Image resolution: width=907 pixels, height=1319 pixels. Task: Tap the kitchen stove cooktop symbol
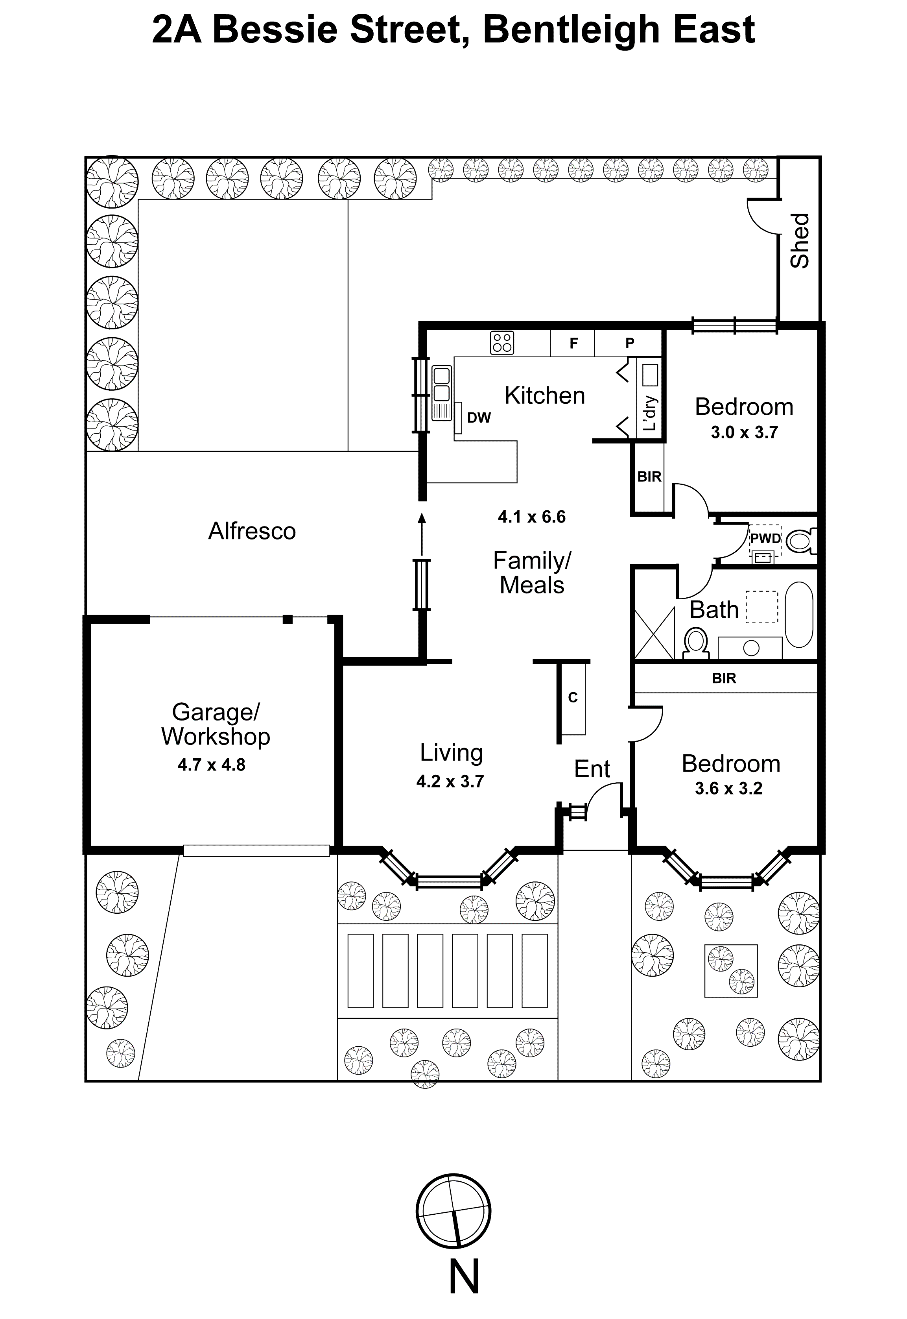502,342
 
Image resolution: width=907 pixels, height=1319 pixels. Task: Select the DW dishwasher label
479,418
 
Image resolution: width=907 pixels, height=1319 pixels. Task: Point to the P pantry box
629,343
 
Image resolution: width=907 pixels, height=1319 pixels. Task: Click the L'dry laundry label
650,413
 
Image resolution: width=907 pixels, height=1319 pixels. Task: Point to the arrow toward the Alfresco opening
422,533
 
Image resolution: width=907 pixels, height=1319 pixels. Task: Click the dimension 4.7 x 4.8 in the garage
211,765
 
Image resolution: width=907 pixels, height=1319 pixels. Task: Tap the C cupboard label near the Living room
573,698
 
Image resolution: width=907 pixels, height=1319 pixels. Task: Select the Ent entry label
592,769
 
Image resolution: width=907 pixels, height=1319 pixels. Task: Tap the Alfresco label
252,531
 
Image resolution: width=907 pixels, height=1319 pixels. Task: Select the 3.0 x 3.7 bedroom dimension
744,433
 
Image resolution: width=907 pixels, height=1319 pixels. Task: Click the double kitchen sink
442,385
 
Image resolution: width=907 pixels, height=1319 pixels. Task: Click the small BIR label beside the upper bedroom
649,477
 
